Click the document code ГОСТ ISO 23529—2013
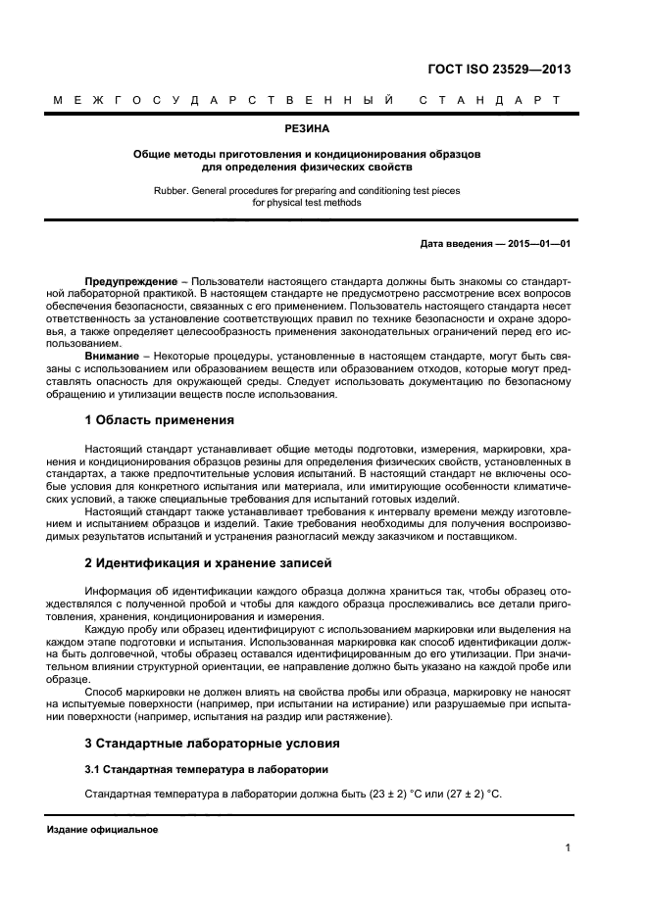pyautogui.click(x=499, y=70)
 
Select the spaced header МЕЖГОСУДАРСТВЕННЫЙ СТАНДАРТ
pyautogui.click(x=306, y=100)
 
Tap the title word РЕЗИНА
pyautogui.click(x=307, y=128)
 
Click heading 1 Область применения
pyautogui.click(x=160, y=420)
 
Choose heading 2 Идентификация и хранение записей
pyautogui.click(x=209, y=563)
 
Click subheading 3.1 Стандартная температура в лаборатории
pyautogui.click(x=206, y=768)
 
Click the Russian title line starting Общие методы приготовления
pyautogui.click(x=306, y=154)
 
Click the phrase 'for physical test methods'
pyautogui.click(x=306, y=203)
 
